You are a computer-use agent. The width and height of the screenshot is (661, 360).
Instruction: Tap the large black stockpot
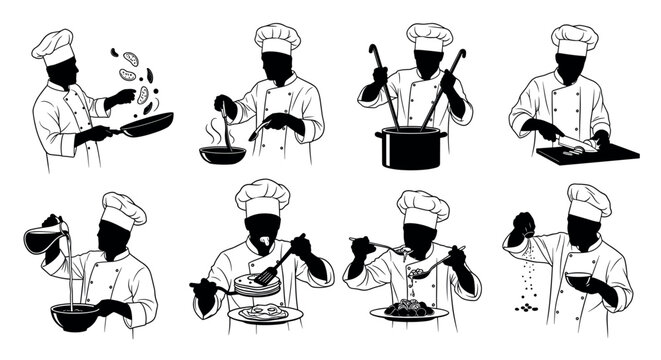coord(407,146)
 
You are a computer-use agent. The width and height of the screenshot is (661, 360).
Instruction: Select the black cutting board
coord(588,153)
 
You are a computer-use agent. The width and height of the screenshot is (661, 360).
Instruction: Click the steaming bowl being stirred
coord(222,155)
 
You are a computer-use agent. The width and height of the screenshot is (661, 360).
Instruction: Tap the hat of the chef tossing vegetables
coord(52,45)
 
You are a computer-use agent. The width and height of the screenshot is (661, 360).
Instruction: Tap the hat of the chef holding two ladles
coord(430,36)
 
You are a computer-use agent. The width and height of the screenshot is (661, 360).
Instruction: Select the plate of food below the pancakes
coord(264,314)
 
